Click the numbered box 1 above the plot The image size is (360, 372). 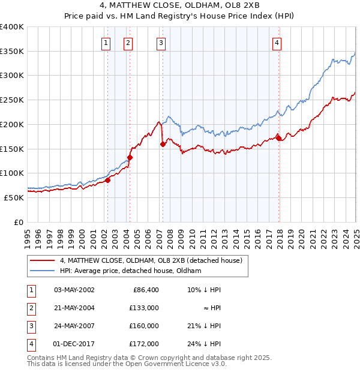[x=106, y=42]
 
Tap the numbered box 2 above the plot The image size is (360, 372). [x=128, y=42]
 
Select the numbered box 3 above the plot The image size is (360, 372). [x=161, y=42]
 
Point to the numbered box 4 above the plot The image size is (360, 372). [x=277, y=42]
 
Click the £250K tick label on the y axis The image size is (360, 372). [x=12, y=100]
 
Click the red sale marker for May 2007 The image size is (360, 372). [x=163, y=144]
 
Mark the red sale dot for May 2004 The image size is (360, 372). [x=130, y=157]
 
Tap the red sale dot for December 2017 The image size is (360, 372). [x=278, y=138]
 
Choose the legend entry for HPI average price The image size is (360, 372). [x=130, y=271]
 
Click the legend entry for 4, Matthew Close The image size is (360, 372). [x=151, y=260]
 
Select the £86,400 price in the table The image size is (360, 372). [x=145, y=289]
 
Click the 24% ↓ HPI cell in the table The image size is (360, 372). [x=204, y=344]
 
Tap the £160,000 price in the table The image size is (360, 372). [x=145, y=326]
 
